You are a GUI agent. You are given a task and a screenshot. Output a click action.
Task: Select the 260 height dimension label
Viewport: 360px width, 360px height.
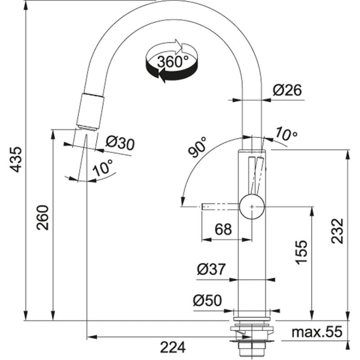pyautogui.click(x=43, y=217)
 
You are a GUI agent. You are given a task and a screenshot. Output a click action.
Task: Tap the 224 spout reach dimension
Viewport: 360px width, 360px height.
pyautogui.click(x=174, y=347)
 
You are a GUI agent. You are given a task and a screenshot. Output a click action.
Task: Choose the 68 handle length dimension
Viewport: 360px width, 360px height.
pyautogui.click(x=223, y=229)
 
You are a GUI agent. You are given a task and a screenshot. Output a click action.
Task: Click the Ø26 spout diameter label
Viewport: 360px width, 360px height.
pyautogui.click(x=287, y=90)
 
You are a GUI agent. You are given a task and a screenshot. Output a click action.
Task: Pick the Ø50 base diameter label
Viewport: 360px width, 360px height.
pyautogui.click(x=207, y=300)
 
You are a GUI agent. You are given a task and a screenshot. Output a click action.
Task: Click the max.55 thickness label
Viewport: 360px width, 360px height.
pyautogui.click(x=317, y=332)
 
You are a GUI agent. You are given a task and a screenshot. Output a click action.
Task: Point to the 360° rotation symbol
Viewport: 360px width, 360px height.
pyautogui.click(x=171, y=62)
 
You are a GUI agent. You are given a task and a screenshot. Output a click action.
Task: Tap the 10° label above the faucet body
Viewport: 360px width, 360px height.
pyautogui.click(x=286, y=133)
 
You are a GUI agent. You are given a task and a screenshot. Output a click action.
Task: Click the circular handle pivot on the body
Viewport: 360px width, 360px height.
pyautogui.click(x=252, y=207)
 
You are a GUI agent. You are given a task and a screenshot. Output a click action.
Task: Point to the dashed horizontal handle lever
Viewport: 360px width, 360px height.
pyautogui.click(x=220, y=207)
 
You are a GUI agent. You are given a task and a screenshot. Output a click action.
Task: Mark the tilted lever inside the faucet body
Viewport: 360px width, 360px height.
pyautogui.click(x=256, y=175)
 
